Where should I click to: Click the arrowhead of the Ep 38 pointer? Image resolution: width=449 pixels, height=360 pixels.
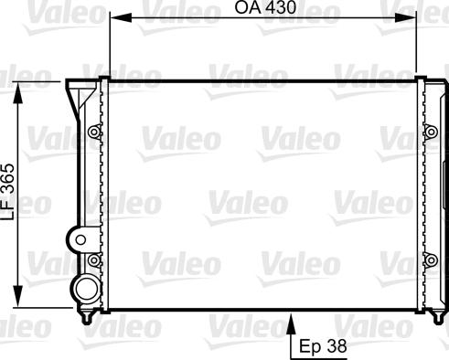(292, 320)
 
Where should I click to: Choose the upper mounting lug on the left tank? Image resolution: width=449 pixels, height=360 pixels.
(92, 132)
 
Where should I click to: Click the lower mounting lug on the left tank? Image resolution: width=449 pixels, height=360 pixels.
(92, 262)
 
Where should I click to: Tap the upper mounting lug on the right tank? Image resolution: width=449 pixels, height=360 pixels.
(431, 132)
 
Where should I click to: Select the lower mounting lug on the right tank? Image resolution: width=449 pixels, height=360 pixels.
(431, 262)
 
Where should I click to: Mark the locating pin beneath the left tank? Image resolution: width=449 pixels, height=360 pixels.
(88, 318)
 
